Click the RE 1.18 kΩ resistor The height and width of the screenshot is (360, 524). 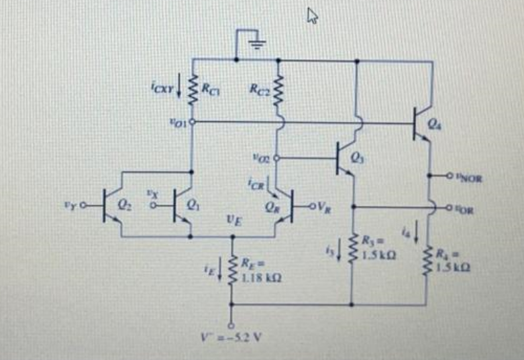(234, 270)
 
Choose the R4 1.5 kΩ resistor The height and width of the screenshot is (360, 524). (429, 257)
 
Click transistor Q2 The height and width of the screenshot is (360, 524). (111, 204)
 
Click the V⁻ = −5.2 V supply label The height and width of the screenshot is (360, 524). (234, 336)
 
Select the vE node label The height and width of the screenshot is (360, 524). (230, 221)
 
